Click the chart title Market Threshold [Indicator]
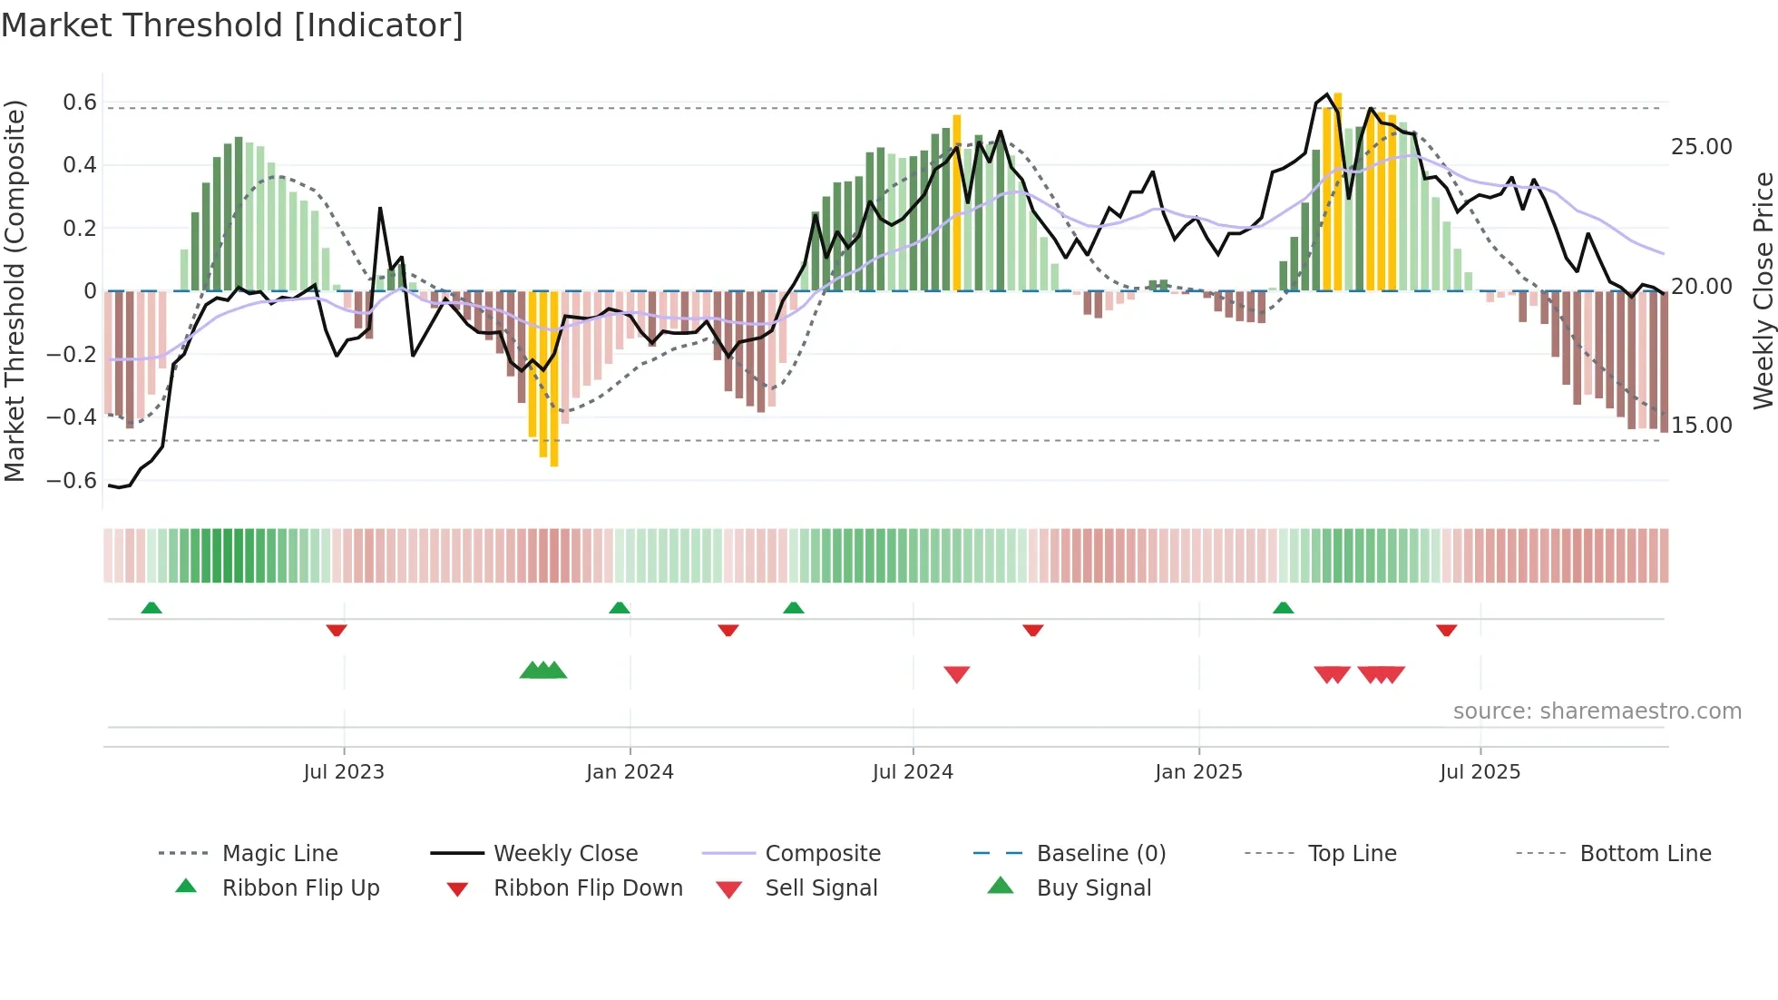tap(232, 25)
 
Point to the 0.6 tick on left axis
tap(80, 103)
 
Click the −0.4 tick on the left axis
tap(72, 417)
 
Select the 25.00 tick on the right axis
tap(1701, 147)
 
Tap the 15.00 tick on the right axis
tap(1701, 426)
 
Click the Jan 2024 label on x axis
tap(630, 772)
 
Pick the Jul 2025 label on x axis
tap(1480, 772)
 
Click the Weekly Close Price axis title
tap(1763, 290)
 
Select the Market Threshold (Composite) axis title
tap(15, 290)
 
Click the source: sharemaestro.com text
tap(1597, 711)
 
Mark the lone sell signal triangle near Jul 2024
tap(957, 674)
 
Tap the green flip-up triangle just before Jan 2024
tap(620, 608)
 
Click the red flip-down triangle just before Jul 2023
tap(337, 630)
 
